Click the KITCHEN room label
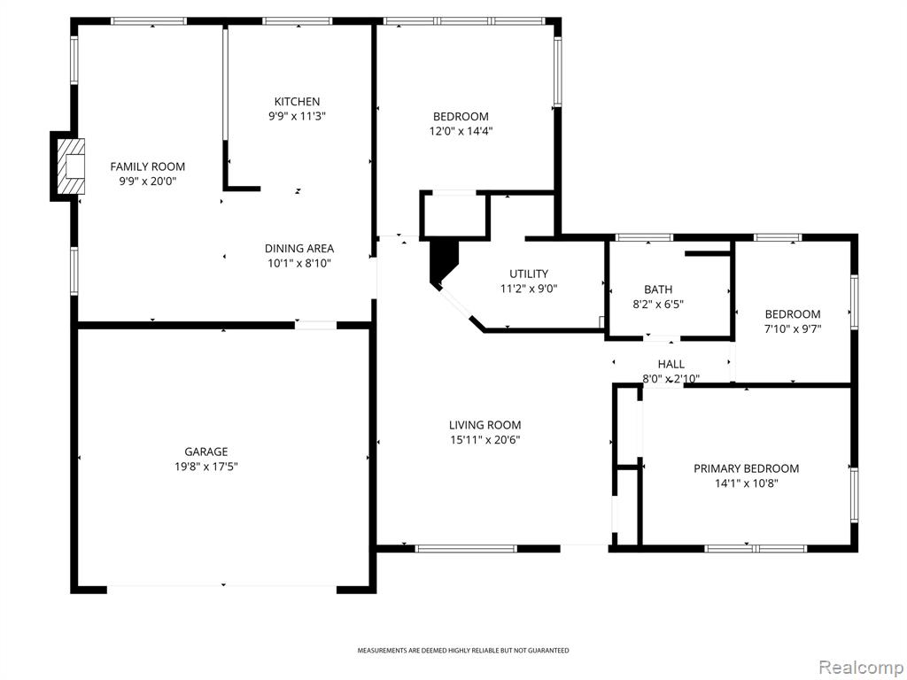pyautogui.click(x=297, y=102)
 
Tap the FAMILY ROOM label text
pyautogui.click(x=148, y=167)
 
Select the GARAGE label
pyautogui.click(x=205, y=452)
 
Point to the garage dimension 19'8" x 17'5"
pyautogui.click(x=205, y=467)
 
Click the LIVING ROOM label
pyautogui.click(x=485, y=425)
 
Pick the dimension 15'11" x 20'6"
pyautogui.click(x=485, y=440)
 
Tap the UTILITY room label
pyautogui.click(x=529, y=274)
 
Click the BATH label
pyautogui.click(x=658, y=290)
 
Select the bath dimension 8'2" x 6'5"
pyautogui.click(x=658, y=305)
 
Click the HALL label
pyautogui.click(x=671, y=364)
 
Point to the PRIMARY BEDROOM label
pyautogui.click(x=746, y=469)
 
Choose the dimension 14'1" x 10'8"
pyautogui.click(x=746, y=483)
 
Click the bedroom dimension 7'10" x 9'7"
pyautogui.click(x=793, y=329)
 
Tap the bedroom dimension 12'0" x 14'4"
pyautogui.click(x=461, y=131)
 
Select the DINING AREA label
pyautogui.click(x=299, y=249)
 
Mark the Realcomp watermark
pyautogui.click(x=860, y=668)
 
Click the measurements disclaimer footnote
pyautogui.click(x=462, y=651)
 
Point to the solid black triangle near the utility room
pyautogui.click(x=442, y=262)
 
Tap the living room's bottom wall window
pyautogui.click(x=466, y=549)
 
